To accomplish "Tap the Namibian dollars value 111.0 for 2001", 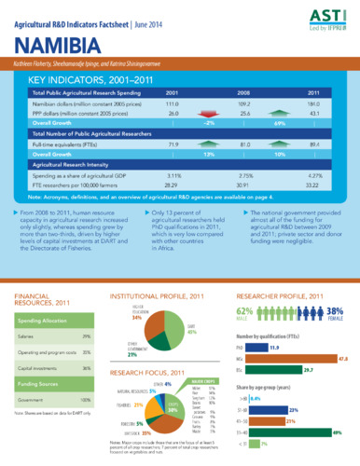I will pyautogui.click(x=172, y=104).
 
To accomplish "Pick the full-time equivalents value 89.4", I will pyautogui.click(x=314, y=144).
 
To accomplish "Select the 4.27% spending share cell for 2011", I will pyautogui.click(x=314, y=175).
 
